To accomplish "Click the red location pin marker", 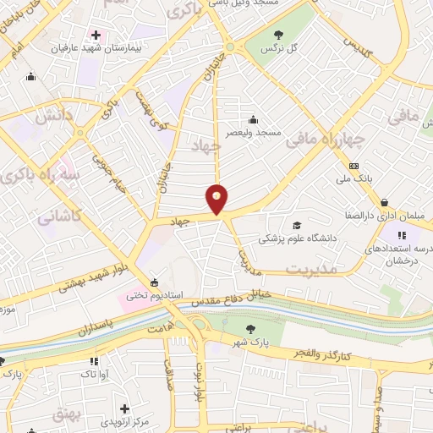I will [x=217, y=198].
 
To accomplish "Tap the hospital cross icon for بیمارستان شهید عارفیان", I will [x=96, y=36].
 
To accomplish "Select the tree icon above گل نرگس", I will [x=279, y=35].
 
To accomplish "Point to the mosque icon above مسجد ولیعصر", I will [x=252, y=119].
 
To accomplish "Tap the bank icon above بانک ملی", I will [x=354, y=166].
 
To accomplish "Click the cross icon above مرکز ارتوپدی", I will [x=124, y=408].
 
